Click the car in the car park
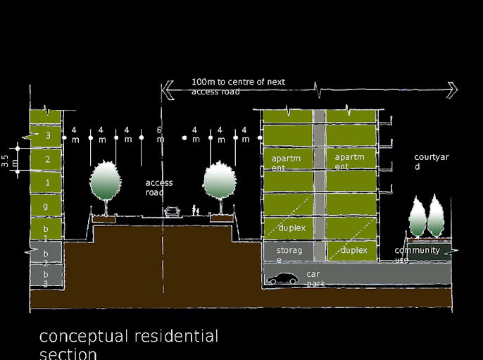[282, 280]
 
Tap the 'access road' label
[159, 187]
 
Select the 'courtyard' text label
[427, 162]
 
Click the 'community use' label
[417, 254]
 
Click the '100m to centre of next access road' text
[238, 87]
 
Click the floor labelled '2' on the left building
[46, 160]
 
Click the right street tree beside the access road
[220, 182]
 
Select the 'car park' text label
[315, 278]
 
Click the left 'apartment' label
[286, 163]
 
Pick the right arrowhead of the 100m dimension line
[453, 89]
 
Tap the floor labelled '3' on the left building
[46, 135]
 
